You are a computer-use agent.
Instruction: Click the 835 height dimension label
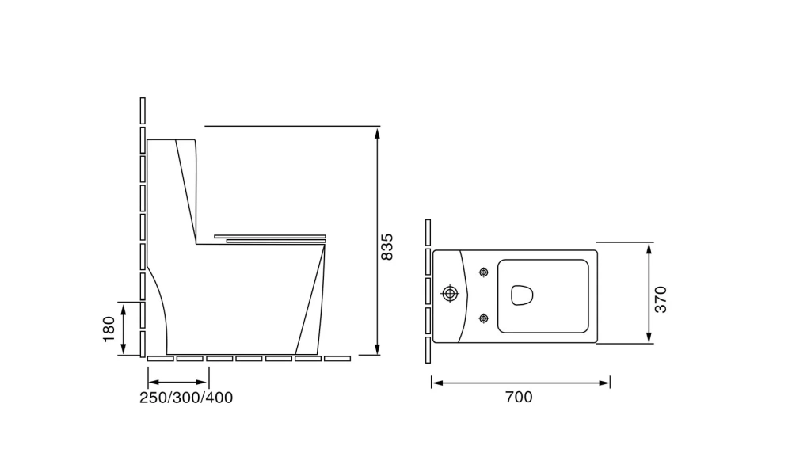tap(386, 246)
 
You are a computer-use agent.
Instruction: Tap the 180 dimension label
tap(109, 329)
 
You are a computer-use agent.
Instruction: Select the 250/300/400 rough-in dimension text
tap(186, 398)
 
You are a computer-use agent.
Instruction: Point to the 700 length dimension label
tap(519, 397)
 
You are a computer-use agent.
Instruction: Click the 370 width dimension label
tap(661, 299)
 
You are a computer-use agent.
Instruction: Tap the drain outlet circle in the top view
tap(450, 293)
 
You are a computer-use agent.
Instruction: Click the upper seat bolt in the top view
tap(483, 272)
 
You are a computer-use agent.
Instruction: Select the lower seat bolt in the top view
tap(483, 318)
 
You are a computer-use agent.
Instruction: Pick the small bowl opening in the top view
tap(522, 295)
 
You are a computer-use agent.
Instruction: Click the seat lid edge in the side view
tap(270, 236)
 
